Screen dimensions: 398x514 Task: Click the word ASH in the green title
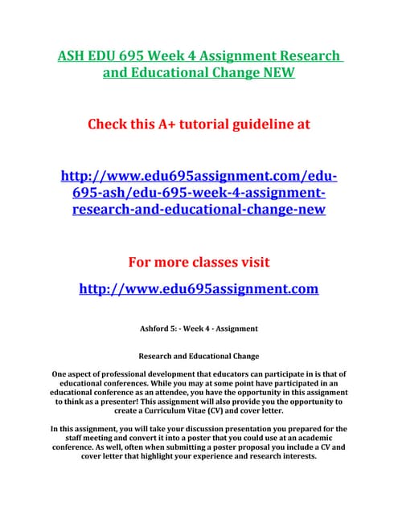[74, 56]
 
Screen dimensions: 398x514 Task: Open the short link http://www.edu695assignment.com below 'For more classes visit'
[199, 288]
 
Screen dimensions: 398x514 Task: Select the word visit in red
[252, 262]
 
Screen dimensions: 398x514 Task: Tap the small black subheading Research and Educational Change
[199, 354]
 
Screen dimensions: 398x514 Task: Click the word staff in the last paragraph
[75, 439]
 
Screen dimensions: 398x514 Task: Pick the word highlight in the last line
[163, 456]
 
